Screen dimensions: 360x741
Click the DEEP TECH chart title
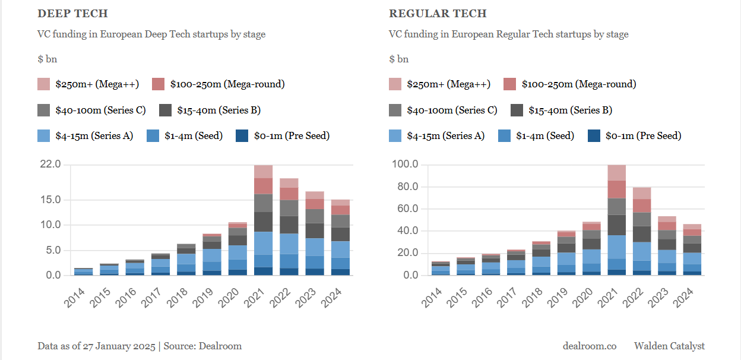pyautogui.click(x=72, y=14)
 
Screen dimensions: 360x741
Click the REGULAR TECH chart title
pyautogui.click(x=438, y=14)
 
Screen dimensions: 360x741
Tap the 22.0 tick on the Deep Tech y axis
pyautogui.click(x=49, y=165)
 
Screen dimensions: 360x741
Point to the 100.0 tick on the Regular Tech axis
pyautogui.click(x=404, y=165)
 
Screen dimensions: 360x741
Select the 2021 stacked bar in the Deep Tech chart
pyautogui.click(x=263, y=220)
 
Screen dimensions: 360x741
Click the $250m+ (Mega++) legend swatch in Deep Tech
pyautogui.click(x=44, y=84)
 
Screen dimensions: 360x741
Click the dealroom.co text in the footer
pyautogui.click(x=590, y=346)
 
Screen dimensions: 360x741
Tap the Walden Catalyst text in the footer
pyautogui.click(x=669, y=346)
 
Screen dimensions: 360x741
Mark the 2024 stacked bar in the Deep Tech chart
pyautogui.click(x=340, y=238)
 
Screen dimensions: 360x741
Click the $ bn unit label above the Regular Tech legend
pyautogui.click(x=399, y=59)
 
